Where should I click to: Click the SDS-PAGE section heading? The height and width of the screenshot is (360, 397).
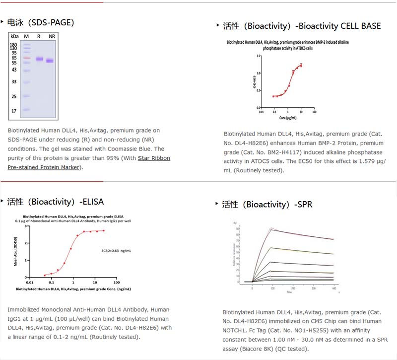click(x=40, y=22)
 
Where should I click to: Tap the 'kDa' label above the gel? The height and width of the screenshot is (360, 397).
click(x=14, y=37)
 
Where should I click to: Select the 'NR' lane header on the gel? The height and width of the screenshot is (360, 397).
click(x=52, y=37)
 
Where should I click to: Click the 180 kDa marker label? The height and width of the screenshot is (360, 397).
click(x=13, y=45)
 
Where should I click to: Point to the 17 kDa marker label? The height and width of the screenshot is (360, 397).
click(x=14, y=111)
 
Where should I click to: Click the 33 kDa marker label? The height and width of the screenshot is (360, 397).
click(x=14, y=81)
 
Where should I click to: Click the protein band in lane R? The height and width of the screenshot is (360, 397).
click(x=40, y=59)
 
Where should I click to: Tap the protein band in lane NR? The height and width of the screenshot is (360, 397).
click(x=50, y=61)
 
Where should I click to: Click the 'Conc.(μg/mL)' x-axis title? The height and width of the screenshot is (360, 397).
click(x=288, y=117)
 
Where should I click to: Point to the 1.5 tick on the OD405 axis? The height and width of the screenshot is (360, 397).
click(x=258, y=56)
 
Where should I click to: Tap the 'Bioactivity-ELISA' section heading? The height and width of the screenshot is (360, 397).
click(x=55, y=202)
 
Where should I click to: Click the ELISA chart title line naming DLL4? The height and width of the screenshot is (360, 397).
click(x=73, y=216)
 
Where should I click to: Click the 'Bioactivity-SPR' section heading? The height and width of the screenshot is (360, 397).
click(x=266, y=204)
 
